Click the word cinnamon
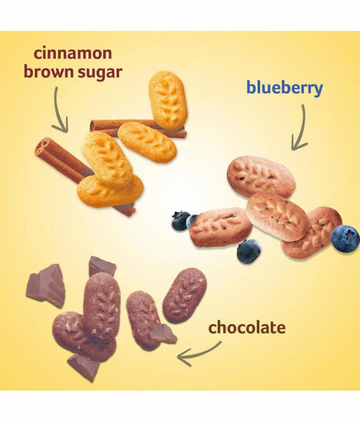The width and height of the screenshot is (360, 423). coord(73,53)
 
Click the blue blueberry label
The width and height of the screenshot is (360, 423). coord(285,88)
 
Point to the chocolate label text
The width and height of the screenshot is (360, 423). coord(247,328)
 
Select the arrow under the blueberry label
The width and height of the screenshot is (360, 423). coord(303,128)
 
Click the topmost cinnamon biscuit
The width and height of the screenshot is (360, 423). coord(168,100)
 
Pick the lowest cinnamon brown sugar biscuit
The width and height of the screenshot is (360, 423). coord(110,192)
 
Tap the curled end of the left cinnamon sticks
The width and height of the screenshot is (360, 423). coord(43,147)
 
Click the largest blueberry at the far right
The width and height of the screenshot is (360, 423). coord(345,239)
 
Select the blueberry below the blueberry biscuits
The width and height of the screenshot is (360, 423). coord(249,250)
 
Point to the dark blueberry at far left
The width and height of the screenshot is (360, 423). coord(181,221)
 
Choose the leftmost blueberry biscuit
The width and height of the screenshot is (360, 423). coord(220,227)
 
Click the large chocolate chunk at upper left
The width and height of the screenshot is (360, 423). coord(46,286)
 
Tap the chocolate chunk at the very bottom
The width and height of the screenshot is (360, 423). coord(83,368)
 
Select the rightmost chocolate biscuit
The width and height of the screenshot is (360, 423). coord(184,295)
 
